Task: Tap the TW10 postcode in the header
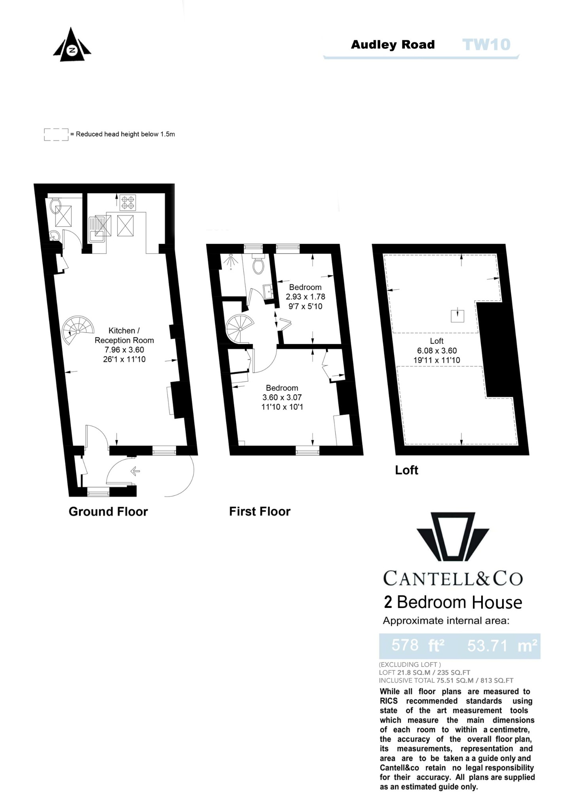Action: pyautogui.click(x=486, y=45)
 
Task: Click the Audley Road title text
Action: pyautogui.click(x=393, y=45)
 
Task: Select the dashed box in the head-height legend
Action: pyautogui.click(x=56, y=134)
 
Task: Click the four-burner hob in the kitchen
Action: pyautogui.click(x=128, y=202)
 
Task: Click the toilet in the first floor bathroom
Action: pyautogui.click(x=258, y=265)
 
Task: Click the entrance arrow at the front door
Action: pyautogui.click(x=135, y=471)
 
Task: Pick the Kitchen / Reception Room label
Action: pyautogui.click(x=124, y=335)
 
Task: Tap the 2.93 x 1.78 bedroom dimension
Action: pyautogui.click(x=305, y=297)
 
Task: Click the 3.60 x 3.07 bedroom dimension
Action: pyautogui.click(x=282, y=397)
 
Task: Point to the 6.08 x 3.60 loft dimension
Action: pyautogui.click(x=436, y=350)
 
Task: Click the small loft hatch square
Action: pyautogui.click(x=457, y=316)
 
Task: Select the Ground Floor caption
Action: pyautogui.click(x=108, y=512)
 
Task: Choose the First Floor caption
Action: pyautogui.click(x=260, y=512)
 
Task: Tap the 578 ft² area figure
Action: pyautogui.click(x=418, y=645)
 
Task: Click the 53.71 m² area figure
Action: pyautogui.click(x=502, y=645)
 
